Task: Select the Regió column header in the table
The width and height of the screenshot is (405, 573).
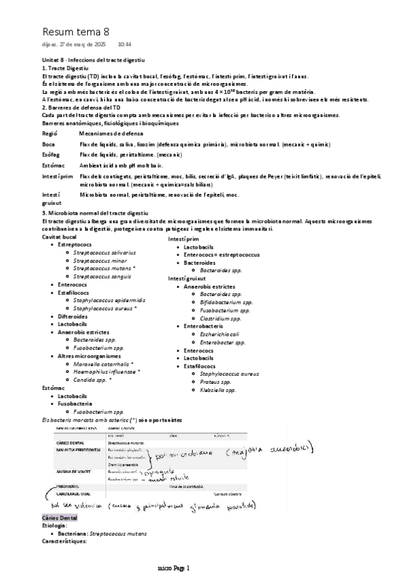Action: click(49, 134)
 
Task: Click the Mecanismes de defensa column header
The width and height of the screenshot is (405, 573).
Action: click(110, 134)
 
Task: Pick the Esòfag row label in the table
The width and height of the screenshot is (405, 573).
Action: click(51, 155)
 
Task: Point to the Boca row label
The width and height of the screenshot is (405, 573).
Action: click(48, 145)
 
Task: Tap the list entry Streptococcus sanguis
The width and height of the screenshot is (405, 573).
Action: click(103, 276)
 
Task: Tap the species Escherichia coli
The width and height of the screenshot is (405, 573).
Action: click(220, 334)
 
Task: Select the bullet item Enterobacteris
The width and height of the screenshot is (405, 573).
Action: click(204, 326)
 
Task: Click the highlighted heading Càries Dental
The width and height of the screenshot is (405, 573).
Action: click(60, 517)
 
